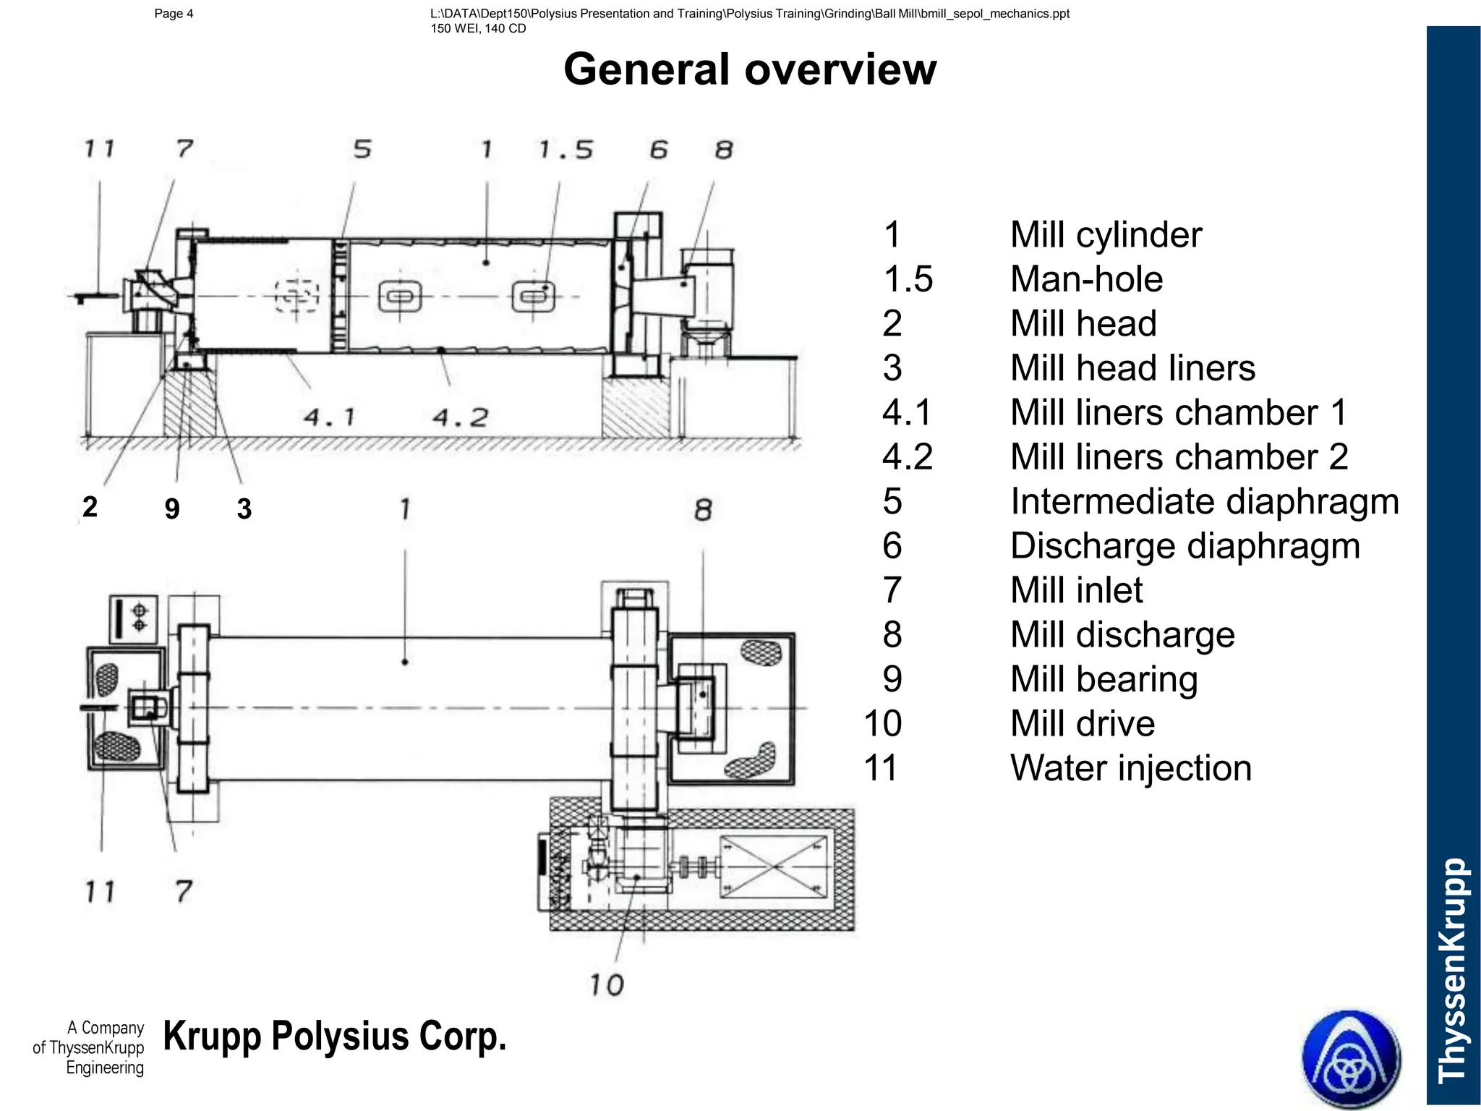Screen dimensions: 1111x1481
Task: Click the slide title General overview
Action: [x=750, y=69]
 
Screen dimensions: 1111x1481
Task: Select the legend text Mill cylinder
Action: [x=1106, y=235]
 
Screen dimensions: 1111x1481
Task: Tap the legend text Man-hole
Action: [x=1086, y=279]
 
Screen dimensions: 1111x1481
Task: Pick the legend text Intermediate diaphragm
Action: [x=1205, y=501]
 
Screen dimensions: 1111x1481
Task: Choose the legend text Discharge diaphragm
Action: [x=1185, y=546]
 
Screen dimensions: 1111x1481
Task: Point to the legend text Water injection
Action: [x=1131, y=768]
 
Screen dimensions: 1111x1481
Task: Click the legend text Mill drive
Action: [x=1083, y=724]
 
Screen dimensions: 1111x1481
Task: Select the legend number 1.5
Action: [x=908, y=279]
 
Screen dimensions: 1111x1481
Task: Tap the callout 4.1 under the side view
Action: [x=329, y=417]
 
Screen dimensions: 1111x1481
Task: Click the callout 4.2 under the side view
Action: [x=461, y=417]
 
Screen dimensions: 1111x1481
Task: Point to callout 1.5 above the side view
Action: [x=565, y=150]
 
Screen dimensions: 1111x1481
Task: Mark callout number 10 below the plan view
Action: [x=606, y=985]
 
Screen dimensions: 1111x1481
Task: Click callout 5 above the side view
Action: [x=362, y=149]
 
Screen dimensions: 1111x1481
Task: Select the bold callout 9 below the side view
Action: [x=172, y=508]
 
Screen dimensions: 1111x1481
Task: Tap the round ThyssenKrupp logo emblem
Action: [x=1351, y=1059]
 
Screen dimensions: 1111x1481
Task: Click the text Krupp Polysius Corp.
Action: [x=335, y=1036]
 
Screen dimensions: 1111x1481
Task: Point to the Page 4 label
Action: [x=174, y=14]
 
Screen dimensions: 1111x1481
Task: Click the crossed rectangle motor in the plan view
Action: [x=774, y=867]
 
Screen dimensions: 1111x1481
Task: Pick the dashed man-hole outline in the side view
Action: [x=296, y=296]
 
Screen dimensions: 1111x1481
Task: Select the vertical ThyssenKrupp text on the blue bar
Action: [x=1453, y=969]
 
